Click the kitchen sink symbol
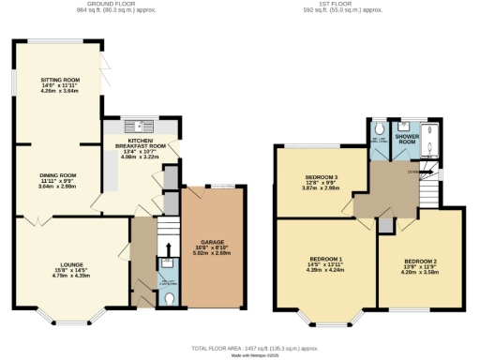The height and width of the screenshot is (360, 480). pyautogui.click(x=140, y=126)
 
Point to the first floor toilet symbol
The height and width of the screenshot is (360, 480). pyautogui.click(x=377, y=129)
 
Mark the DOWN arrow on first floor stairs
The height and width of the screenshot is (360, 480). pyautogui.click(x=414, y=171)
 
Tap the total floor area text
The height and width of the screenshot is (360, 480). pyautogui.click(x=240, y=347)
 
